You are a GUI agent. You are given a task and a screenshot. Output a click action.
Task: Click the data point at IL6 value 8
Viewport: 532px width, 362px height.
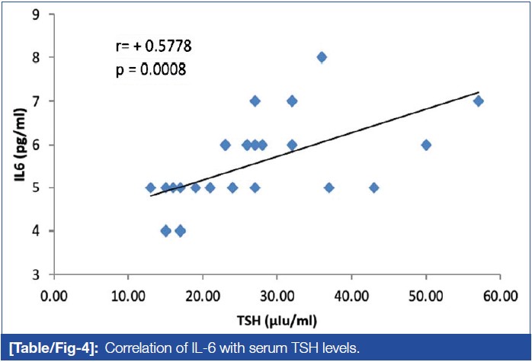click(x=322, y=57)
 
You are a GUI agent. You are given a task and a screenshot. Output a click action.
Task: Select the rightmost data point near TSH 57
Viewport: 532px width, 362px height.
click(x=478, y=101)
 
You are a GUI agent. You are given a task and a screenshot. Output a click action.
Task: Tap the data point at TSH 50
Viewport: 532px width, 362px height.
click(x=426, y=144)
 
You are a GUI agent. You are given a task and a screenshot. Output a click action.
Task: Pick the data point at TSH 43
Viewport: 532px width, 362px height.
click(x=374, y=187)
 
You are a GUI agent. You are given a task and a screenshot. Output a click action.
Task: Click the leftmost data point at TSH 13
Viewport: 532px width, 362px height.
click(x=150, y=187)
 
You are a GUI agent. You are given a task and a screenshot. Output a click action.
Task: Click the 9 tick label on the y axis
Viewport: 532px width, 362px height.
click(x=36, y=14)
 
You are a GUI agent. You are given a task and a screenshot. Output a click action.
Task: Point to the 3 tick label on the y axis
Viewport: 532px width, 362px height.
click(x=36, y=274)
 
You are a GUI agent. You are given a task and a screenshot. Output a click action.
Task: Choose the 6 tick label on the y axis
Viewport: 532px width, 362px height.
click(x=36, y=144)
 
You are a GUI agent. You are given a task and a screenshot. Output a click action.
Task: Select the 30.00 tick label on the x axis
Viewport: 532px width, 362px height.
click(x=277, y=294)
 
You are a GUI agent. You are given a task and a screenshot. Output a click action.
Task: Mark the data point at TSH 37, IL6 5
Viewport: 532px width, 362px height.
click(x=329, y=187)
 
